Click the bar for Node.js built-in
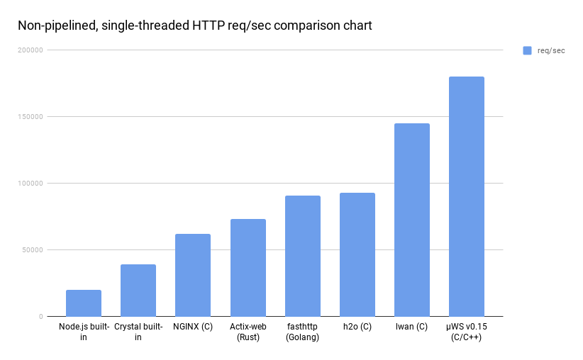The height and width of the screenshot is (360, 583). (x=84, y=303)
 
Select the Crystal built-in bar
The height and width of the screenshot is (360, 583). (x=138, y=291)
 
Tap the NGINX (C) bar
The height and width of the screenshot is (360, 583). (x=193, y=275)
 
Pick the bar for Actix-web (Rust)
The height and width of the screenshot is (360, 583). (x=248, y=268)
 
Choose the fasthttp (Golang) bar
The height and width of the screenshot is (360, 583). (x=303, y=256)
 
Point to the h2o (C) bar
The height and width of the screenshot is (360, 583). (x=357, y=255)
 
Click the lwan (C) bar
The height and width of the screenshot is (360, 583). (x=412, y=220)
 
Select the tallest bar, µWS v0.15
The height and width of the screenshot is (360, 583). (x=467, y=196)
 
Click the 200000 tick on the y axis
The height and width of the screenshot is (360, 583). (x=30, y=50)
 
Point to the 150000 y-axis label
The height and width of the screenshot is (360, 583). (x=30, y=117)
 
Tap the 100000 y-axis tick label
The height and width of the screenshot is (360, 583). (x=30, y=183)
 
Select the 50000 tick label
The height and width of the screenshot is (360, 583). (x=33, y=250)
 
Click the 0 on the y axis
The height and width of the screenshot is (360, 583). (x=41, y=317)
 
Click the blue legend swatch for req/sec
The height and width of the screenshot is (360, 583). (x=527, y=50)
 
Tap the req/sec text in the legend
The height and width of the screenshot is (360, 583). (x=551, y=51)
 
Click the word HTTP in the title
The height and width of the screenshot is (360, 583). (x=209, y=26)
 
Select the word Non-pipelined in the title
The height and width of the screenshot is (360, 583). (x=57, y=26)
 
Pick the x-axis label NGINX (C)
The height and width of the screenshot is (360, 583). (x=193, y=327)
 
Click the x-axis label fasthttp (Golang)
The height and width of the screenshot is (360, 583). (x=302, y=332)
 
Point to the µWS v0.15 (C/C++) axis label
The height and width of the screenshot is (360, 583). (x=466, y=332)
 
